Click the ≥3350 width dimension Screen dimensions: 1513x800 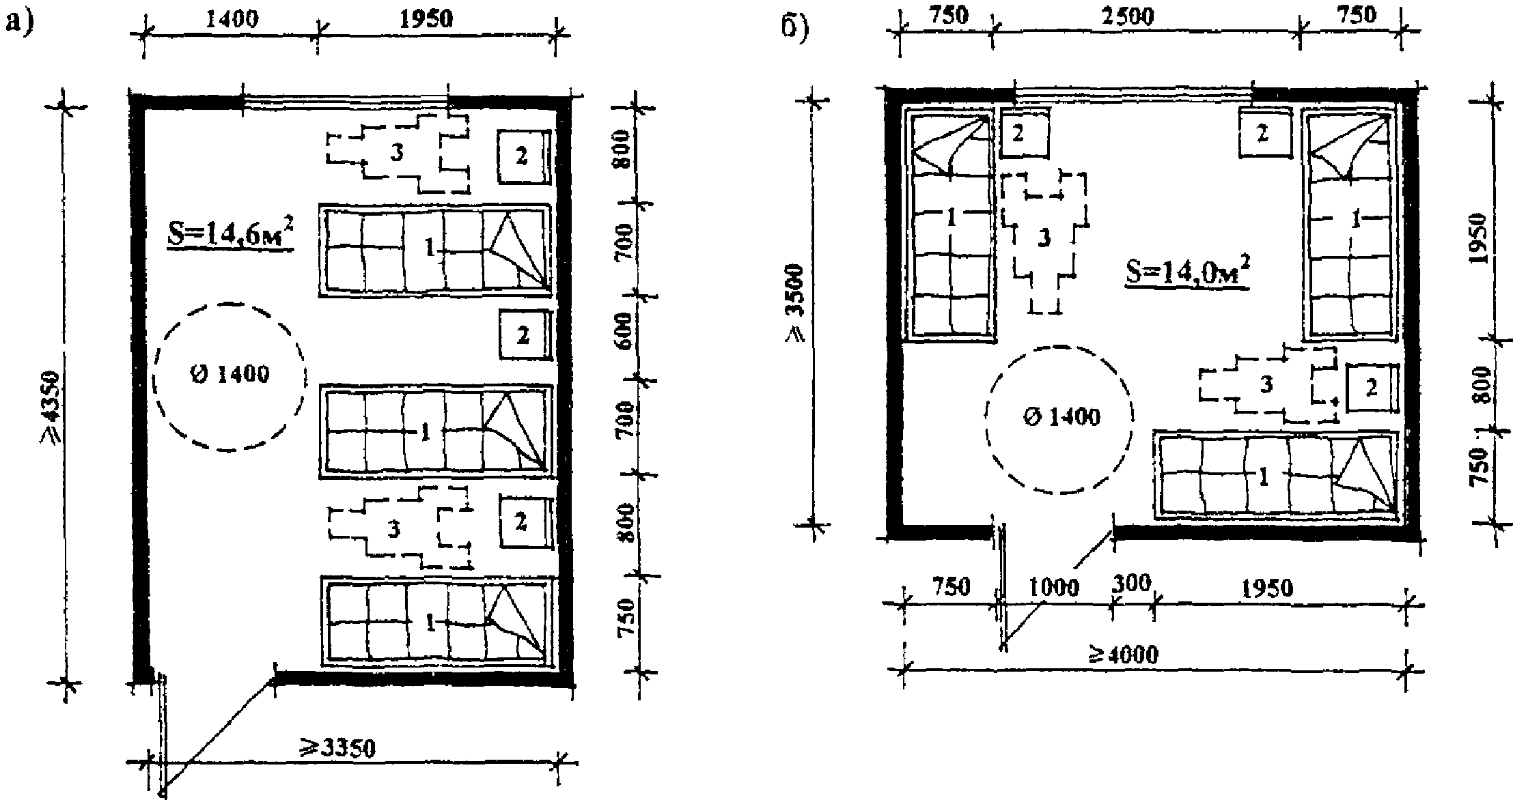340,749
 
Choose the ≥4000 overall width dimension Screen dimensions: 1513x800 1124,655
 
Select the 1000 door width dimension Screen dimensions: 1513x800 1053,587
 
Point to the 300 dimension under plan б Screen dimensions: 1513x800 1131,584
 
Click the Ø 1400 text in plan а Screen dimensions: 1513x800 230,375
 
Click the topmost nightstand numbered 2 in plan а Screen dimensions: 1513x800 523,158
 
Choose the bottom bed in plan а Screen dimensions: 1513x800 435,621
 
